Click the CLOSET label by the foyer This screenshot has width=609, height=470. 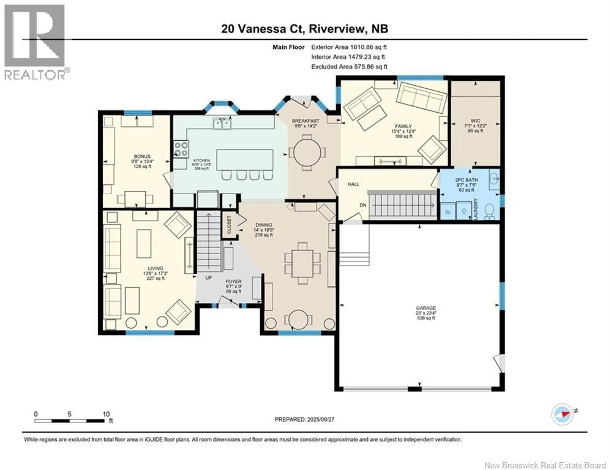229,225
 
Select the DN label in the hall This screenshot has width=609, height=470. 363,205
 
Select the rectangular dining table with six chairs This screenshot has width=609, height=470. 303,263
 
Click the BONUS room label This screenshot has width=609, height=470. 142,156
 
